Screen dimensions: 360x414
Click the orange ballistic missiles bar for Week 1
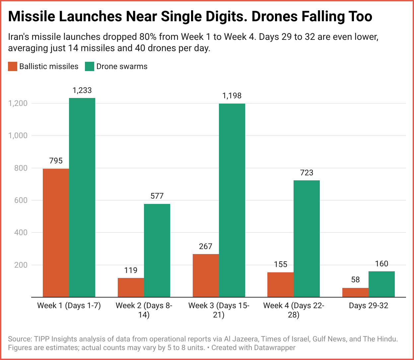pos(56,232)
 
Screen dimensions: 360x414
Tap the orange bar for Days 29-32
pos(355,293)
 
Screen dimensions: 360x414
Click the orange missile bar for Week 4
pos(280,285)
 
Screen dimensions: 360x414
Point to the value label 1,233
pos(82,90)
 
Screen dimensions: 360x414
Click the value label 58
pos(355,280)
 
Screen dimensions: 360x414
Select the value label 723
pos(307,173)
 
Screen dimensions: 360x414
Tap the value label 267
pos(206,246)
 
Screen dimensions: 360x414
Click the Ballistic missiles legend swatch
pos(13,66)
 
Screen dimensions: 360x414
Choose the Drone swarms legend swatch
pos(90,66)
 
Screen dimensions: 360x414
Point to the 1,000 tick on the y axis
pos(20,135)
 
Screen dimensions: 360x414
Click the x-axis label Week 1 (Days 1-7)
pos(69,306)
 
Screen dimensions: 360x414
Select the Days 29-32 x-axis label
pos(368,306)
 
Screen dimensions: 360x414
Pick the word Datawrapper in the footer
pos(274,348)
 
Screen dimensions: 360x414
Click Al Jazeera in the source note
pos(241,339)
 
